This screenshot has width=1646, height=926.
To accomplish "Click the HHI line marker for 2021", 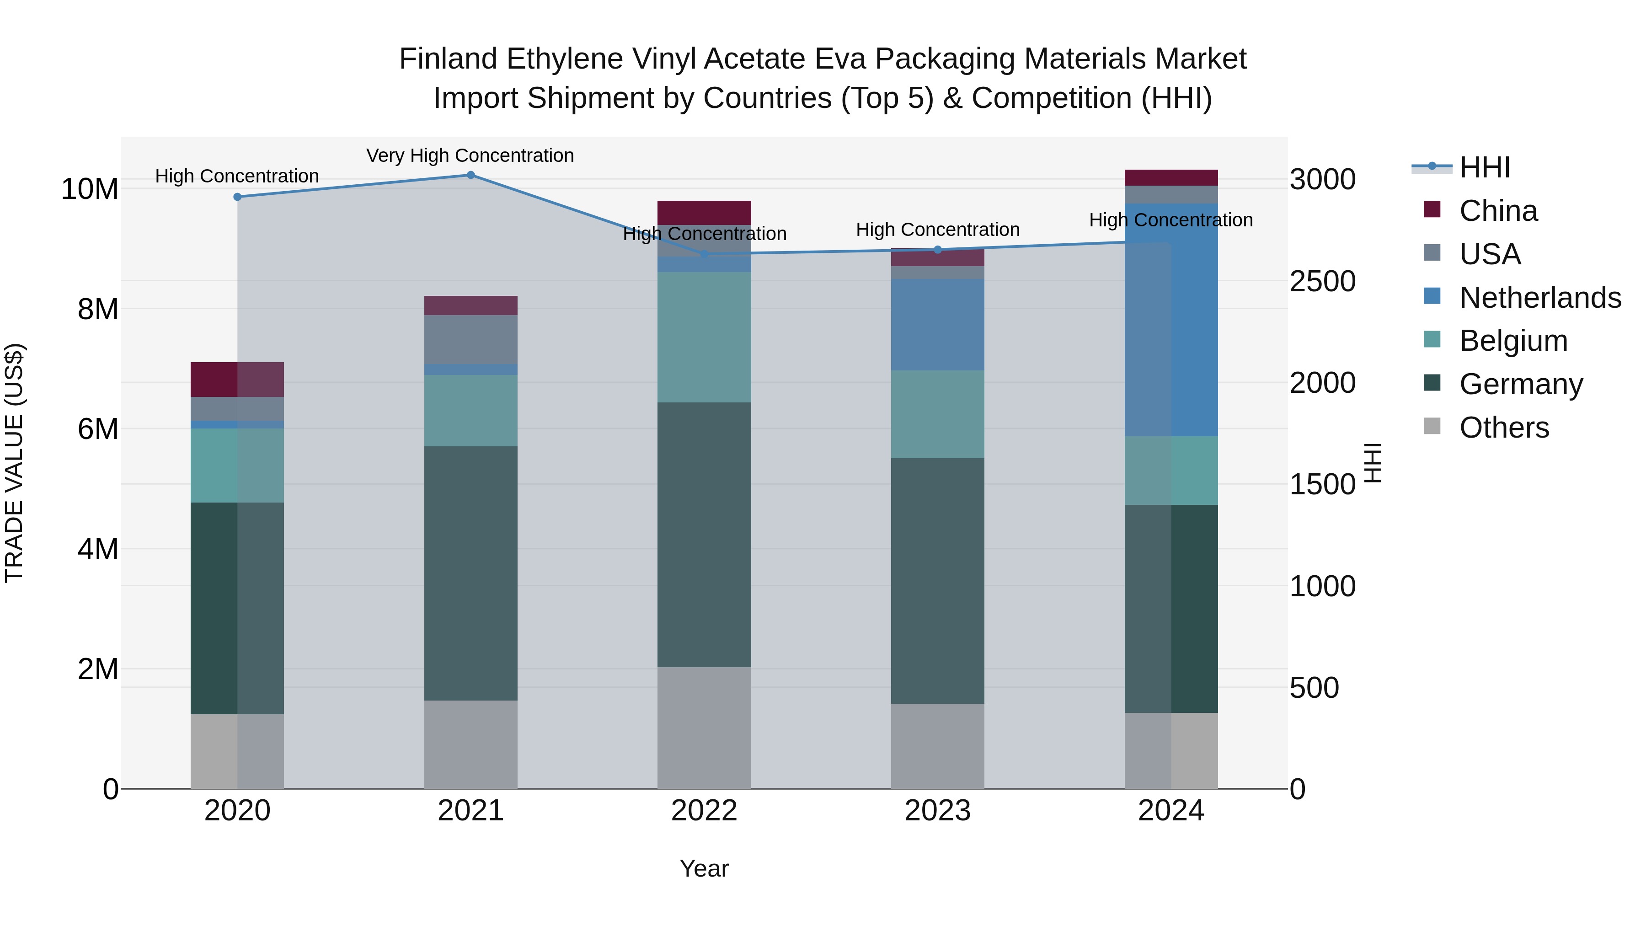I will pos(470,175).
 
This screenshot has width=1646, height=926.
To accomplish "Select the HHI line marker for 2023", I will pos(937,250).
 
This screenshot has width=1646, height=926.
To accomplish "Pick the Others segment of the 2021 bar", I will pos(470,744).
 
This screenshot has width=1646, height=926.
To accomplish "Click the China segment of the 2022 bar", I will pos(704,212).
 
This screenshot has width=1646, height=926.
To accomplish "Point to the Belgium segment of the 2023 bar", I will pos(937,414).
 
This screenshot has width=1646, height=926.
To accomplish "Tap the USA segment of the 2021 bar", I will pos(470,339).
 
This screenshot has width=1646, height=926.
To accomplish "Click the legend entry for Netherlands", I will pos(1540,298).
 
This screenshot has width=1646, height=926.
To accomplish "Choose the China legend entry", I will pos(1498,211).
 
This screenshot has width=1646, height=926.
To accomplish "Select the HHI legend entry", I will pos(1484,167).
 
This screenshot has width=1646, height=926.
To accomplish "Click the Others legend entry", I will pos(1503,428).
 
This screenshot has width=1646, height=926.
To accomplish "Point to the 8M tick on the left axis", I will pos(98,309).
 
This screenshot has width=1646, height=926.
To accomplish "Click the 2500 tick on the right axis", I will pos(1322,281).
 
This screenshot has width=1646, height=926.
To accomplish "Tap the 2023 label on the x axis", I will pos(937,811).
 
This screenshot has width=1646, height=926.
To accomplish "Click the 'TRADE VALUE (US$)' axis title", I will pos(14,463).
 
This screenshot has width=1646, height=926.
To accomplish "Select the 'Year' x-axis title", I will pos(704,868).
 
